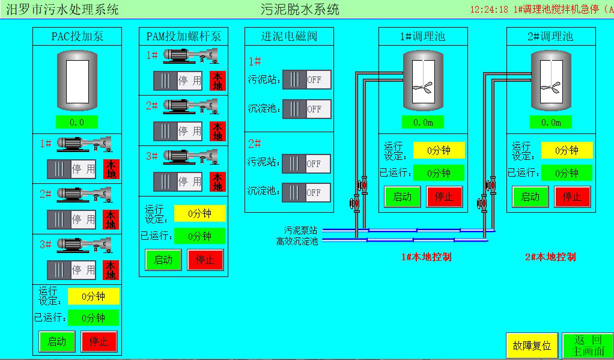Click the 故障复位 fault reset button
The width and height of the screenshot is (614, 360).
[532, 346]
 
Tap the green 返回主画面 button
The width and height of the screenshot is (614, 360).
[588, 346]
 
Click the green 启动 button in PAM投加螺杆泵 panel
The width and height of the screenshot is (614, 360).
[163, 260]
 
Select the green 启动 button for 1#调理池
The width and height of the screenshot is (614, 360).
[403, 197]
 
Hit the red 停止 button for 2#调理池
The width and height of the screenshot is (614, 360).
[572, 197]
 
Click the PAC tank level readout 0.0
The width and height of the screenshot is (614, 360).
[77, 122]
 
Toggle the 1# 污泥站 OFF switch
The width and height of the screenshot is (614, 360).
[306, 79]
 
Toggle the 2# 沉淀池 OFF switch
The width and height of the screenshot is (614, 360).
[306, 192]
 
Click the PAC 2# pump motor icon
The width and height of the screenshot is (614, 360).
[84, 194]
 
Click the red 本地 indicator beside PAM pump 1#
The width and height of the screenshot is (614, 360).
[217, 81]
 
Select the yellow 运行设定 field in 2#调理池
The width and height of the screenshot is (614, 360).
[567, 150]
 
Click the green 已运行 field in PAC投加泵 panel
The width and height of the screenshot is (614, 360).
[93, 318]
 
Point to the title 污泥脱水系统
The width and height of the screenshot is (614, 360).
[300, 9]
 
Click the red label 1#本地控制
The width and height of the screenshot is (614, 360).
[426, 257]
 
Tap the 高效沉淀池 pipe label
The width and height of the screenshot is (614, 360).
[297, 241]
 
